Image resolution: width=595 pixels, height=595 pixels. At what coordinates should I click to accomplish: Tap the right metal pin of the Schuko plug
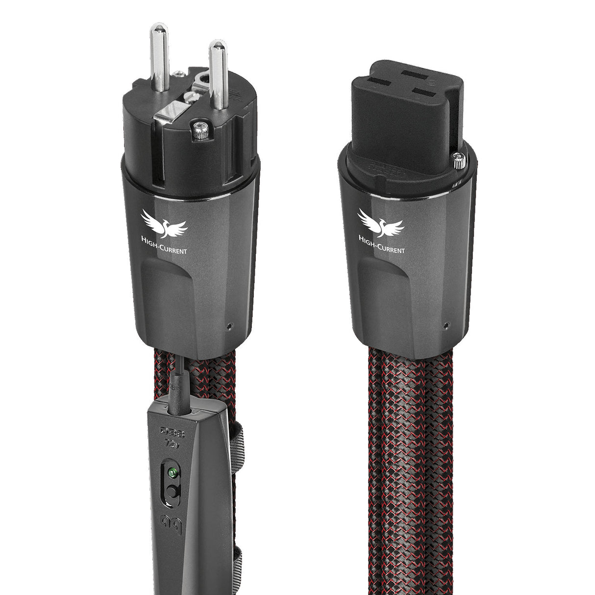[217, 74]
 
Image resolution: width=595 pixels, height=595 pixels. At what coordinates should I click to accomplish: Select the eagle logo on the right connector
[381, 223]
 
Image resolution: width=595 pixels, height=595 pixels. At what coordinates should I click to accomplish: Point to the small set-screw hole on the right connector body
[445, 325]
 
